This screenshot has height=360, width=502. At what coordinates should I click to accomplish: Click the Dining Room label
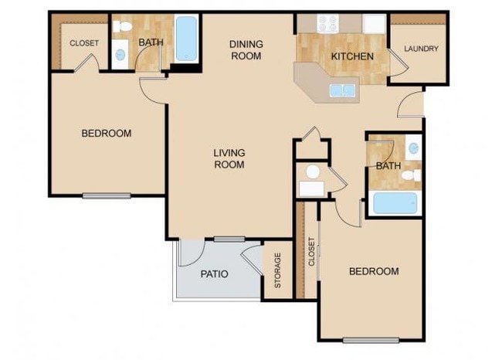pyautogui.click(x=246, y=49)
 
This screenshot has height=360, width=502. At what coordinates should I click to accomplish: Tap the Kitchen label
pyautogui.click(x=352, y=56)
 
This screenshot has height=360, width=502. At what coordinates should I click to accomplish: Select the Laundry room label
pyautogui.click(x=421, y=49)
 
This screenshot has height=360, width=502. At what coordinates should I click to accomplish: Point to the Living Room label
pyautogui.click(x=229, y=158)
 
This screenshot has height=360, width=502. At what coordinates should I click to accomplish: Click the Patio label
pyautogui.click(x=213, y=273)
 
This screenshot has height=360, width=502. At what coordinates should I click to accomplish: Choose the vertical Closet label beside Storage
pyautogui.click(x=311, y=252)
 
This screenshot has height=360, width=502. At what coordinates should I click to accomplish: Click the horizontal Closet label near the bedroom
pyautogui.click(x=84, y=43)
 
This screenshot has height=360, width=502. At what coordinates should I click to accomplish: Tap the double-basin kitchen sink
pyautogui.click(x=343, y=90)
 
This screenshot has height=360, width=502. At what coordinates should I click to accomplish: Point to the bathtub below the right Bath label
pyautogui.click(x=395, y=204)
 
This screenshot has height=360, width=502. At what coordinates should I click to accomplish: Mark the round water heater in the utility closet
pyautogui.click(x=313, y=172)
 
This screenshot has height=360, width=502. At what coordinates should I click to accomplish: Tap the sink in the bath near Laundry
pyautogui.click(x=414, y=148)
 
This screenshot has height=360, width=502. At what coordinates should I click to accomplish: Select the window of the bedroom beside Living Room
pyautogui.click(x=107, y=195)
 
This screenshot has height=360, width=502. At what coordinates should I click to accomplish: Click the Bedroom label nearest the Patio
pyautogui.click(x=374, y=271)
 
